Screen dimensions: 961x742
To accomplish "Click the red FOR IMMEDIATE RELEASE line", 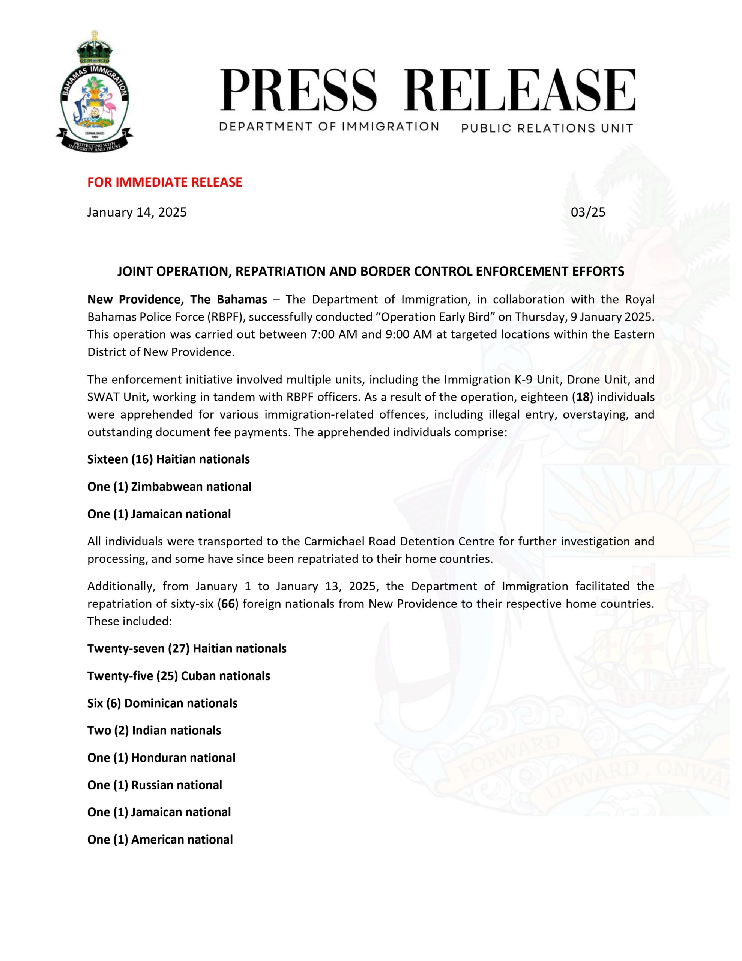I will tap(165, 182).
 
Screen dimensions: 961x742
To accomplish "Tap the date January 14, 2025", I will tap(137, 212).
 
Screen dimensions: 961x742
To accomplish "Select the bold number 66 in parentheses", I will tap(228, 603).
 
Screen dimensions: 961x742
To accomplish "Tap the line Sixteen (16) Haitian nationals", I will tap(168, 459).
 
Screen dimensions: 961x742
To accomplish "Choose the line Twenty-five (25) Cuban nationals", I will tap(179, 676).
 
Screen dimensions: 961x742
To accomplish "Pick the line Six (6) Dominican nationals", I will tap(162, 703).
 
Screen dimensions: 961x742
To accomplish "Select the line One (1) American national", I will tap(160, 839).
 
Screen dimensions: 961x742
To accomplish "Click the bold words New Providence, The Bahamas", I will tap(177, 300).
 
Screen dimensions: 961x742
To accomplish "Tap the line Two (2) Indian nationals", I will tap(154, 731).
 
